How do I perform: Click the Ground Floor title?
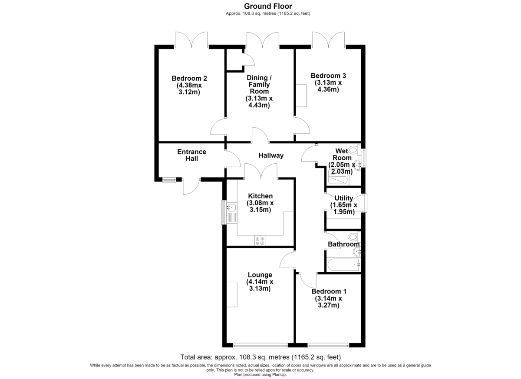tap(268, 6)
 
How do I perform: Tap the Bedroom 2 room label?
tap(189, 78)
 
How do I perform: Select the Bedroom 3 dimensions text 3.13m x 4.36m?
tap(328, 86)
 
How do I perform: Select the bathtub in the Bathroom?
tap(343, 264)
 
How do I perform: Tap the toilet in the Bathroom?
tap(354, 237)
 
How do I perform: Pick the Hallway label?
tap(271, 155)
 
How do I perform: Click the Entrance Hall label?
tap(191, 155)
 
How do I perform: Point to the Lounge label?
tap(260, 275)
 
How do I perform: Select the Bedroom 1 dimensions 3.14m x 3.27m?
tap(328, 302)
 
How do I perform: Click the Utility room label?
tap(344, 198)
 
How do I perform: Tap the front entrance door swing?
tap(191, 187)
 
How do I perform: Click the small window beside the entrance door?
tap(169, 180)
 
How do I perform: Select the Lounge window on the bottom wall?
tap(260, 346)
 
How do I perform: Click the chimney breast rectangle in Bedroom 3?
tap(301, 96)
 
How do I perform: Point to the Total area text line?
tap(260, 357)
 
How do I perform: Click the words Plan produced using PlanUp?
tap(260, 375)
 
